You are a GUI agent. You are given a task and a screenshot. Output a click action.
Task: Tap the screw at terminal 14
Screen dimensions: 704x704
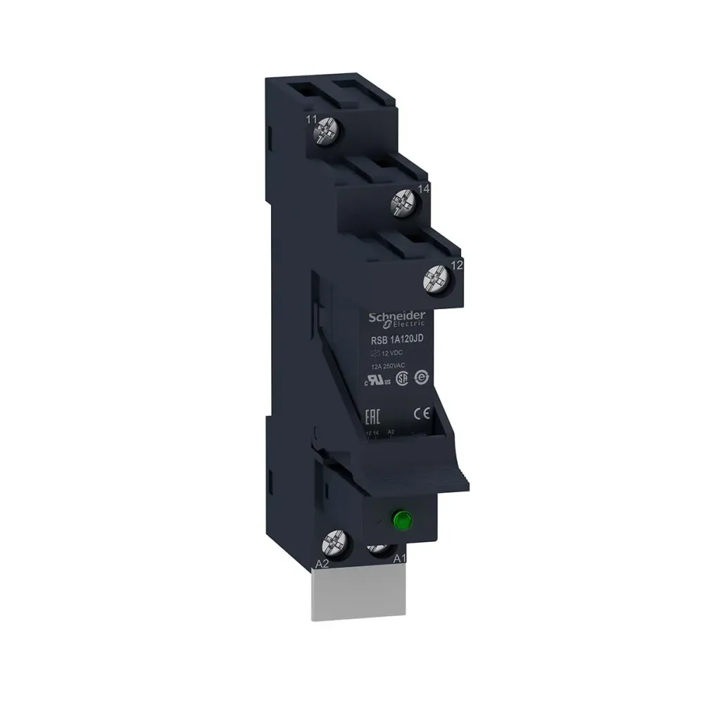pos(405,205)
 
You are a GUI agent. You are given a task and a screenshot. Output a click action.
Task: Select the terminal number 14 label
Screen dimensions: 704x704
pos(423,189)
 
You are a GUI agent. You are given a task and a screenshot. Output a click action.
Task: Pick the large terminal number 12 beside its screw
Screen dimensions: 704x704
pos(455,265)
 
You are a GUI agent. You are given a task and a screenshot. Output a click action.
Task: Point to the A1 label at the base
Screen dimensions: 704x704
pos(398,560)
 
